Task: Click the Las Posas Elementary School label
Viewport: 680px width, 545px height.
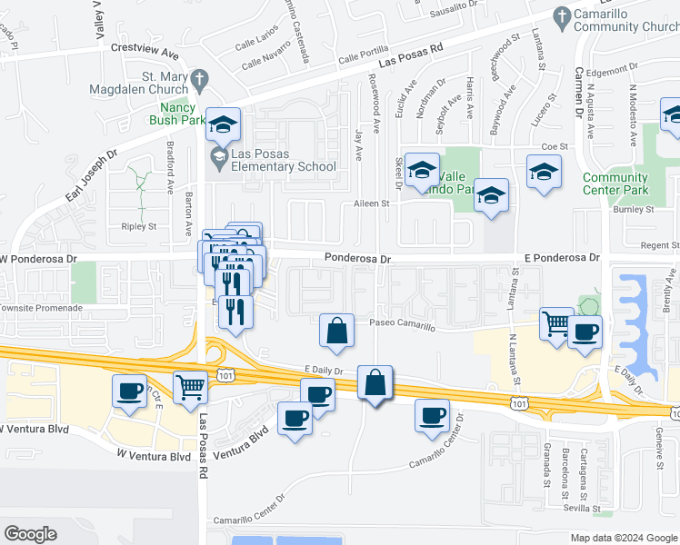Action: pos(283,160)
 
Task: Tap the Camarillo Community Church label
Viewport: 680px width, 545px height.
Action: pos(626,20)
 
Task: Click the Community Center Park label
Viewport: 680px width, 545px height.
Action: pos(615,183)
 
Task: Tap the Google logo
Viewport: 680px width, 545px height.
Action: pos(31,534)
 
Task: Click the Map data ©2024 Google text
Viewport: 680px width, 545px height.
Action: pos(624,538)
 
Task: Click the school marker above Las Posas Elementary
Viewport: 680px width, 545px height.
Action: pos(222,124)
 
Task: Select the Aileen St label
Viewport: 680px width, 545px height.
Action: pos(370,203)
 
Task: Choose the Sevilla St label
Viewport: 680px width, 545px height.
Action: pos(607,510)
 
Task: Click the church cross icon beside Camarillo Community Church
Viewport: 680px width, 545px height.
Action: pos(563,15)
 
